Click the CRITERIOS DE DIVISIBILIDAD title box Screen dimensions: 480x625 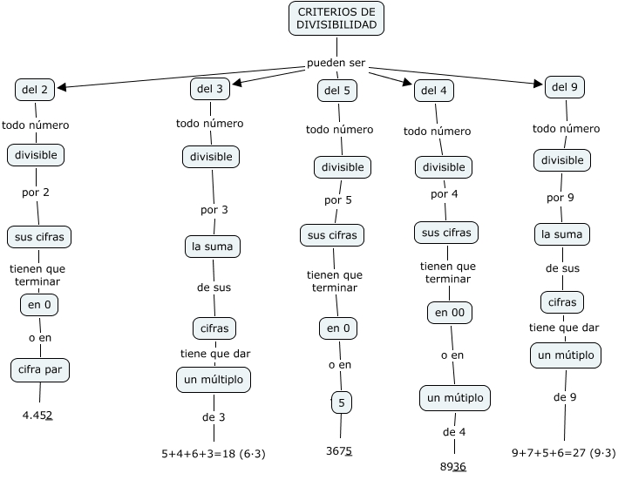[x=336, y=18]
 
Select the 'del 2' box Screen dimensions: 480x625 [x=35, y=89]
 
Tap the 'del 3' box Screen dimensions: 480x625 [x=210, y=89]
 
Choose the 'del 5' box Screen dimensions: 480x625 [x=337, y=90]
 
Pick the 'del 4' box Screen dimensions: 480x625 [x=434, y=91]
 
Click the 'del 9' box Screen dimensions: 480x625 [x=566, y=87]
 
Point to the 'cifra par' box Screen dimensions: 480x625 [x=39, y=369]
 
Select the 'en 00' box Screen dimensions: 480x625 [x=449, y=312]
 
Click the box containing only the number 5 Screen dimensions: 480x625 [x=341, y=402]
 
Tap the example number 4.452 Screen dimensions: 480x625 [x=37, y=415]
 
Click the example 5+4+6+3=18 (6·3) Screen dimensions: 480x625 [x=214, y=453]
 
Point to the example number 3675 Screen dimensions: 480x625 [x=339, y=450]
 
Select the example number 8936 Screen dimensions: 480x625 [x=453, y=465]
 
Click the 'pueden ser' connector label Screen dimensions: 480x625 [x=336, y=64]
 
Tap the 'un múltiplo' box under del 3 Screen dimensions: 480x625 [x=214, y=381]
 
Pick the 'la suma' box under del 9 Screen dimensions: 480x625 [x=561, y=234]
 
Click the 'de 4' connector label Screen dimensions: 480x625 [x=454, y=432]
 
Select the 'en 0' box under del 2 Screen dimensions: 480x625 [x=39, y=304]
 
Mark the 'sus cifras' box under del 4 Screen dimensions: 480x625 [x=446, y=233]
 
